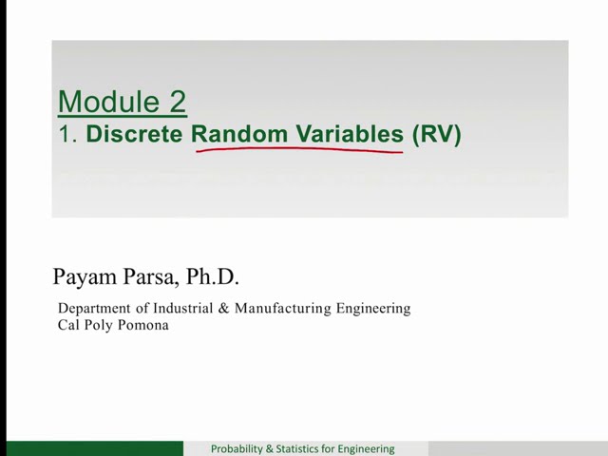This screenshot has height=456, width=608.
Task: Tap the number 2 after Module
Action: click(177, 102)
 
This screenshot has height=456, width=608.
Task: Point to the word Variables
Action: click(347, 134)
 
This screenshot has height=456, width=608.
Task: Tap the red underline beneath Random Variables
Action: click(299, 150)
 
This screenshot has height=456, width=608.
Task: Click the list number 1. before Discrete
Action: click(67, 134)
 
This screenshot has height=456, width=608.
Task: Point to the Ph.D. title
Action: click(213, 277)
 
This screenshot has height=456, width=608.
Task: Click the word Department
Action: click(96, 309)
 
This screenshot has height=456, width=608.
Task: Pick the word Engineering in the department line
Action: click(375, 309)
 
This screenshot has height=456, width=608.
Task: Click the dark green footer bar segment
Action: click(95, 448)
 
